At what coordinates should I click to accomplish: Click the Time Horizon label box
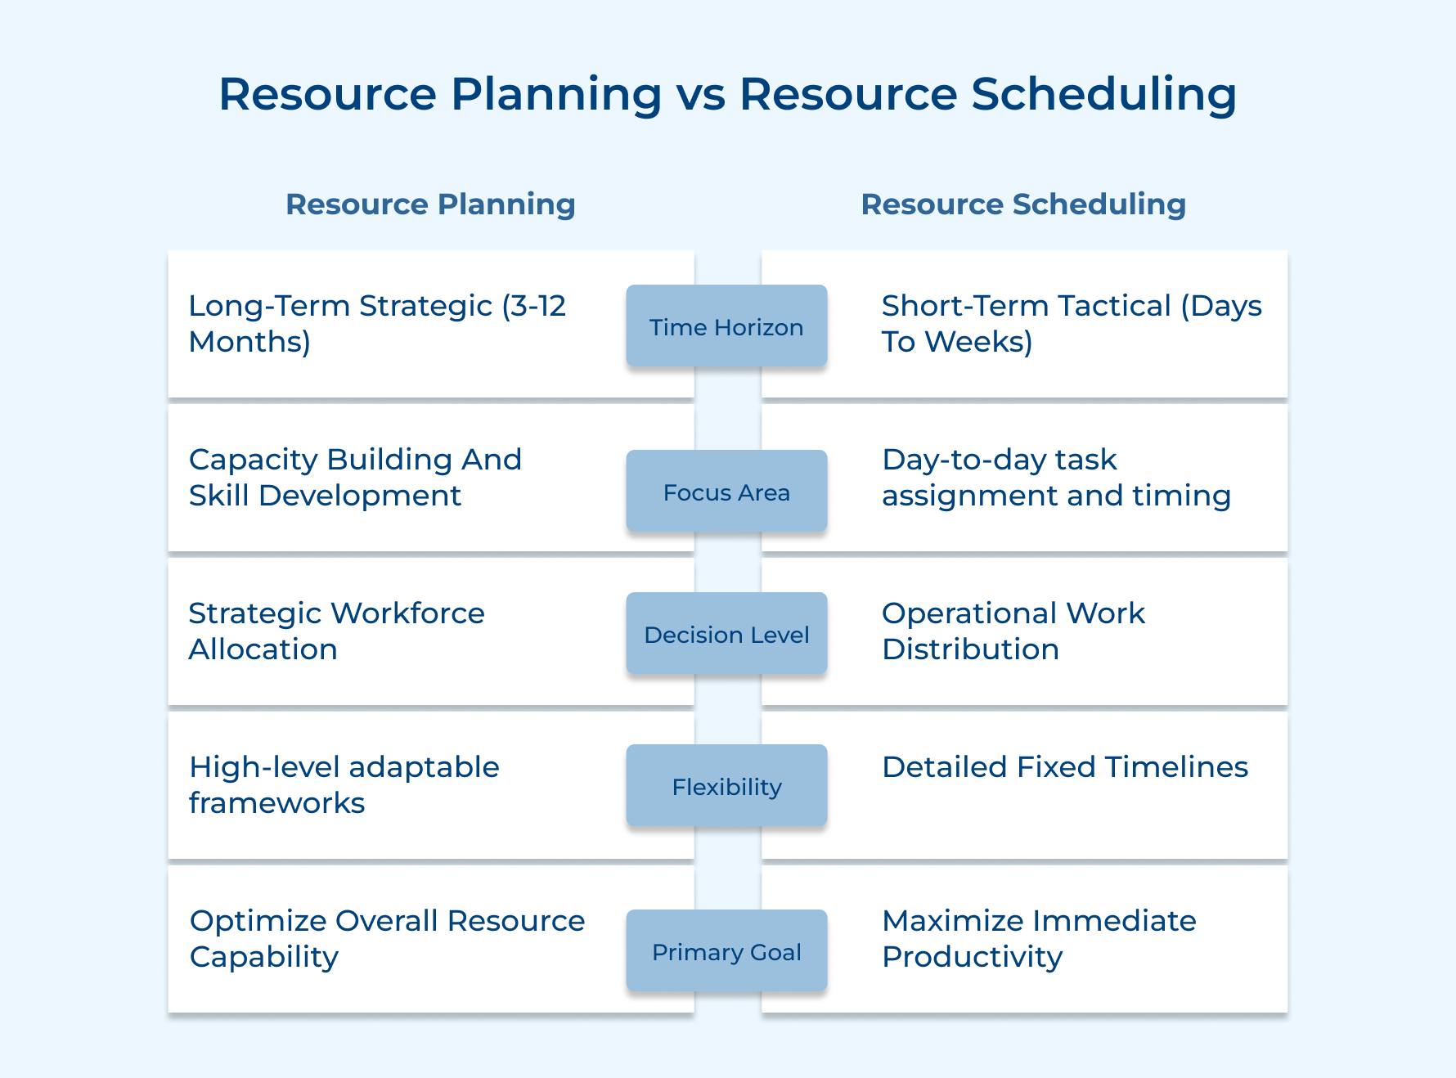726,326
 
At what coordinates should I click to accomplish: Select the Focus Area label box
726,492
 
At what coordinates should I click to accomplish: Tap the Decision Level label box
726,634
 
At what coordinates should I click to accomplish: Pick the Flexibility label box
726,786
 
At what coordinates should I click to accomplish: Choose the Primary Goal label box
726,951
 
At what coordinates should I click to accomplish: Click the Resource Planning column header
430,204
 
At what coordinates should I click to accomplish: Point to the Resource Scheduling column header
1023,204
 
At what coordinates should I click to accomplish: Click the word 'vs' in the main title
701,94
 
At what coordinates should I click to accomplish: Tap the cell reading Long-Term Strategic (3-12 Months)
376,323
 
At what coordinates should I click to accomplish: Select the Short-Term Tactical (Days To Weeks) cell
1071,323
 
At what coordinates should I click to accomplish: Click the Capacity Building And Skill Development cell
355,477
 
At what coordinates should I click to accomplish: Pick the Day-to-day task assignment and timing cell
1055,477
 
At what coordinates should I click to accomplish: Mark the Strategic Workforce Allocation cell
336,631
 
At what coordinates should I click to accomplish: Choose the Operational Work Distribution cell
1013,631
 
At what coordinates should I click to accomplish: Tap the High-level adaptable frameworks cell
344,784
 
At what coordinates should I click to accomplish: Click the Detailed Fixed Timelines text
1064,767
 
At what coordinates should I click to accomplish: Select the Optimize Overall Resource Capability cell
387,938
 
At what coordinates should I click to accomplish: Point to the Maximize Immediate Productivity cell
1039,938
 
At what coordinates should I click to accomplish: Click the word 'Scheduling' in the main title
1103,94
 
